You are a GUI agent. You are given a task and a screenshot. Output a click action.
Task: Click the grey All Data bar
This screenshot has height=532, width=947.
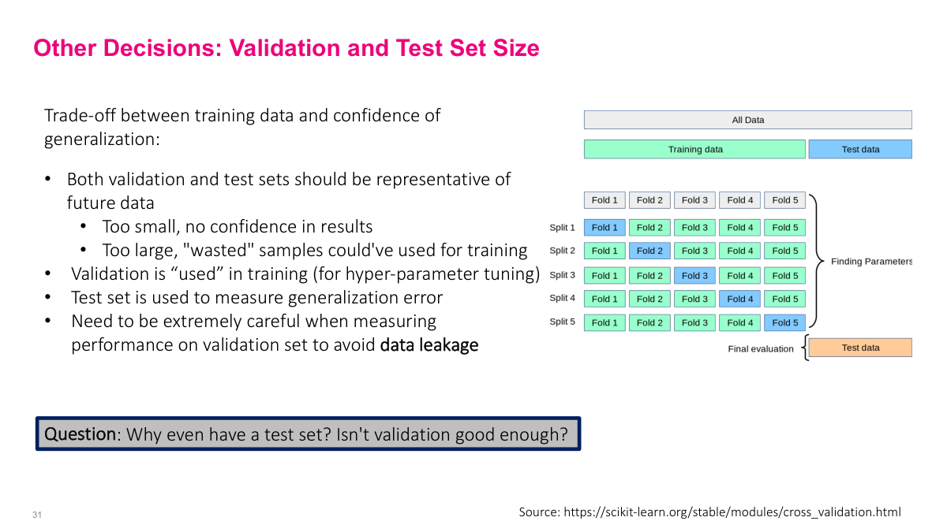pos(747,120)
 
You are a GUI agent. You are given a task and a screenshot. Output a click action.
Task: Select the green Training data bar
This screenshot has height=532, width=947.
pos(694,149)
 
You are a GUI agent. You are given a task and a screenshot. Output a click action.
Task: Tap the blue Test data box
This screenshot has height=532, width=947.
pos(859,149)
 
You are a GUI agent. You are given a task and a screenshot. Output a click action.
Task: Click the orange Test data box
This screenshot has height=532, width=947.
pos(859,348)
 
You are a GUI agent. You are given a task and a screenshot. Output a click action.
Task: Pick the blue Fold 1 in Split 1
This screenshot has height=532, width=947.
pos(605,228)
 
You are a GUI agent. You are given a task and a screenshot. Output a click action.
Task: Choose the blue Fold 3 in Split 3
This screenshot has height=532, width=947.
pos(694,276)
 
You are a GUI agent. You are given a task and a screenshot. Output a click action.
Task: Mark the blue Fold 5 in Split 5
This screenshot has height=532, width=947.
pos(784,322)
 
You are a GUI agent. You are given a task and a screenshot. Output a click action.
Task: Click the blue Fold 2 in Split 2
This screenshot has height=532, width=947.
pos(649,251)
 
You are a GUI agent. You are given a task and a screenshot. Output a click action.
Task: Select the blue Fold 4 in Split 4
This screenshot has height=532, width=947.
pos(739,299)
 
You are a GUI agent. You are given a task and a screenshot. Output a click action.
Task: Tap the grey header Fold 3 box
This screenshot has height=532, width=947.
pos(694,200)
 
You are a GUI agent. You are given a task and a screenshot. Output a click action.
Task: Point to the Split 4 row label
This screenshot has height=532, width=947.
pos(562,298)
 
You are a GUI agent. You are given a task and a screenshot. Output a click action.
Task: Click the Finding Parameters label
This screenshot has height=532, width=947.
pos(871,262)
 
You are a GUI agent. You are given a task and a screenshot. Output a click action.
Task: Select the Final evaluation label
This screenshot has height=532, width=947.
pos(760,348)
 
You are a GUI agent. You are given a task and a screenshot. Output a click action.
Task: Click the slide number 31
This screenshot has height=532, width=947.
pos(36,515)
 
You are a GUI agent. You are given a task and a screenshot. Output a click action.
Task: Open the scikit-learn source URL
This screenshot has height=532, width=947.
pos(732,512)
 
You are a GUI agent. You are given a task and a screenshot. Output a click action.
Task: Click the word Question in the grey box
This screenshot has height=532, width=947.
pos(80,434)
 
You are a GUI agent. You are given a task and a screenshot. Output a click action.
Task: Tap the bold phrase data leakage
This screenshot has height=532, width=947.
pos(429,345)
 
